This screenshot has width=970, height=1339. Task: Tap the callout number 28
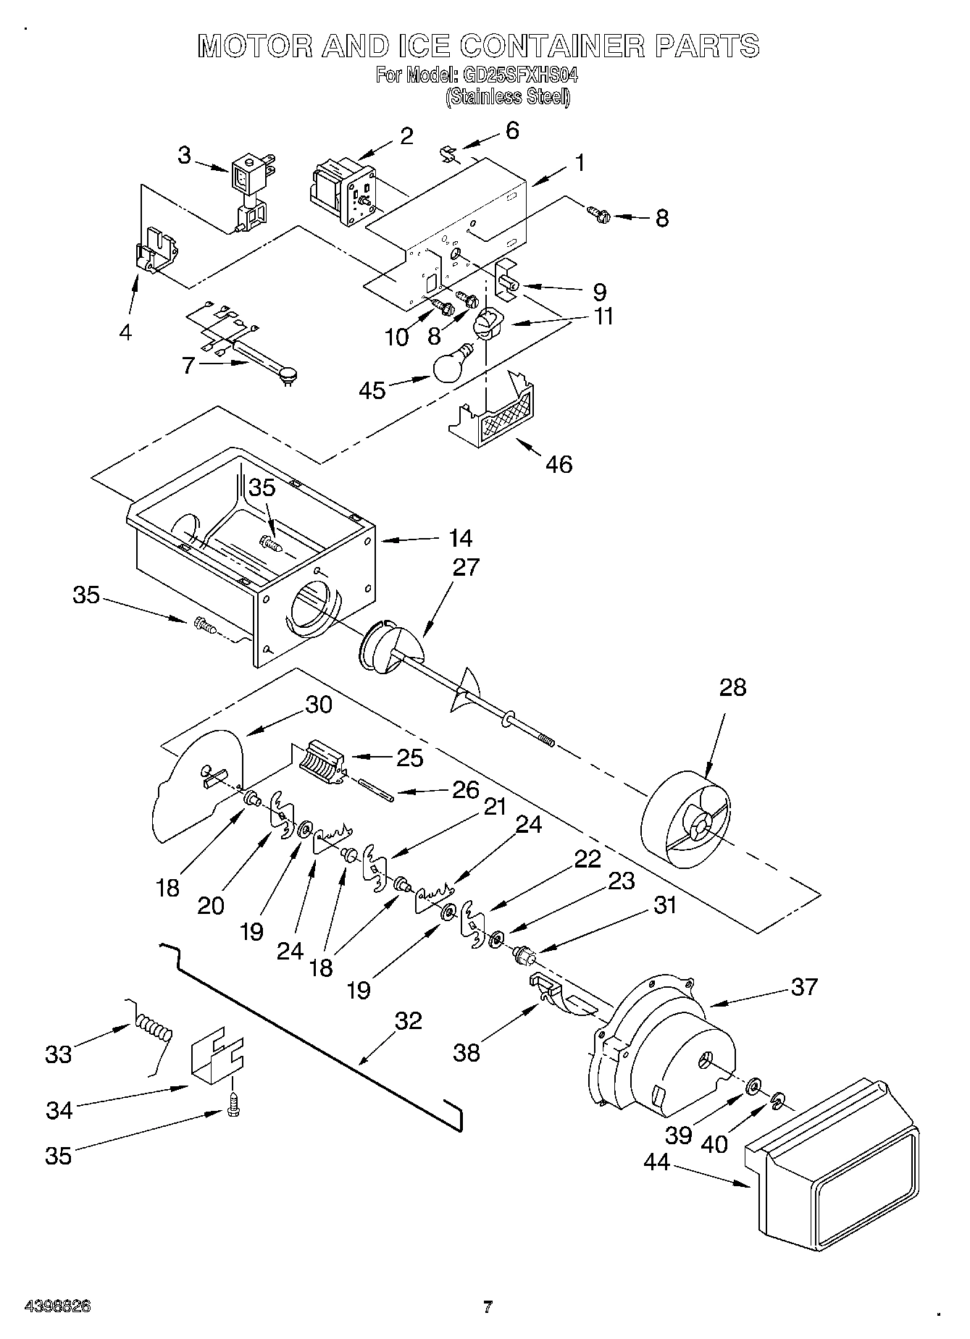coord(732,687)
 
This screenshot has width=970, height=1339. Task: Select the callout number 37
coord(804,986)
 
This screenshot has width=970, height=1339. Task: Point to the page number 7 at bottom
coord(488,1306)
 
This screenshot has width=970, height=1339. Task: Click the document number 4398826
coord(57,1306)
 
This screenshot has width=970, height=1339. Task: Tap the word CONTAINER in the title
coord(552,46)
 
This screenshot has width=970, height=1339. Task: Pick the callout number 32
coord(408,1020)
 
